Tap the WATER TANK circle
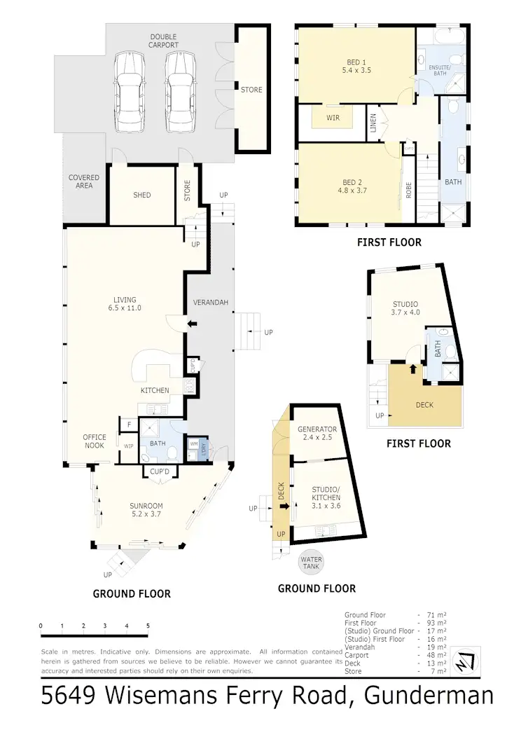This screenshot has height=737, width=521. coord(310,563)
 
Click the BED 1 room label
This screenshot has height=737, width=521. coord(355,64)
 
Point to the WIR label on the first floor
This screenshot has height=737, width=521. coord(333,118)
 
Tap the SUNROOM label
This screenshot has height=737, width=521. coord(146,509)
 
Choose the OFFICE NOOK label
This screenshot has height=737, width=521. coord(95,441)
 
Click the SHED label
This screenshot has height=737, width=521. coord(142,195)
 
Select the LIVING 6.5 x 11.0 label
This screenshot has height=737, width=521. coord(125,304)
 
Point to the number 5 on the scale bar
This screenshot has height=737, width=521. coord(148,626)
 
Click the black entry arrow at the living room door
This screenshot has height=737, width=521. coord(193,324)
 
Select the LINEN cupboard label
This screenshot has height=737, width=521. coord(374,123)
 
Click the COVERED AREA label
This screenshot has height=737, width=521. coord(84,181)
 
